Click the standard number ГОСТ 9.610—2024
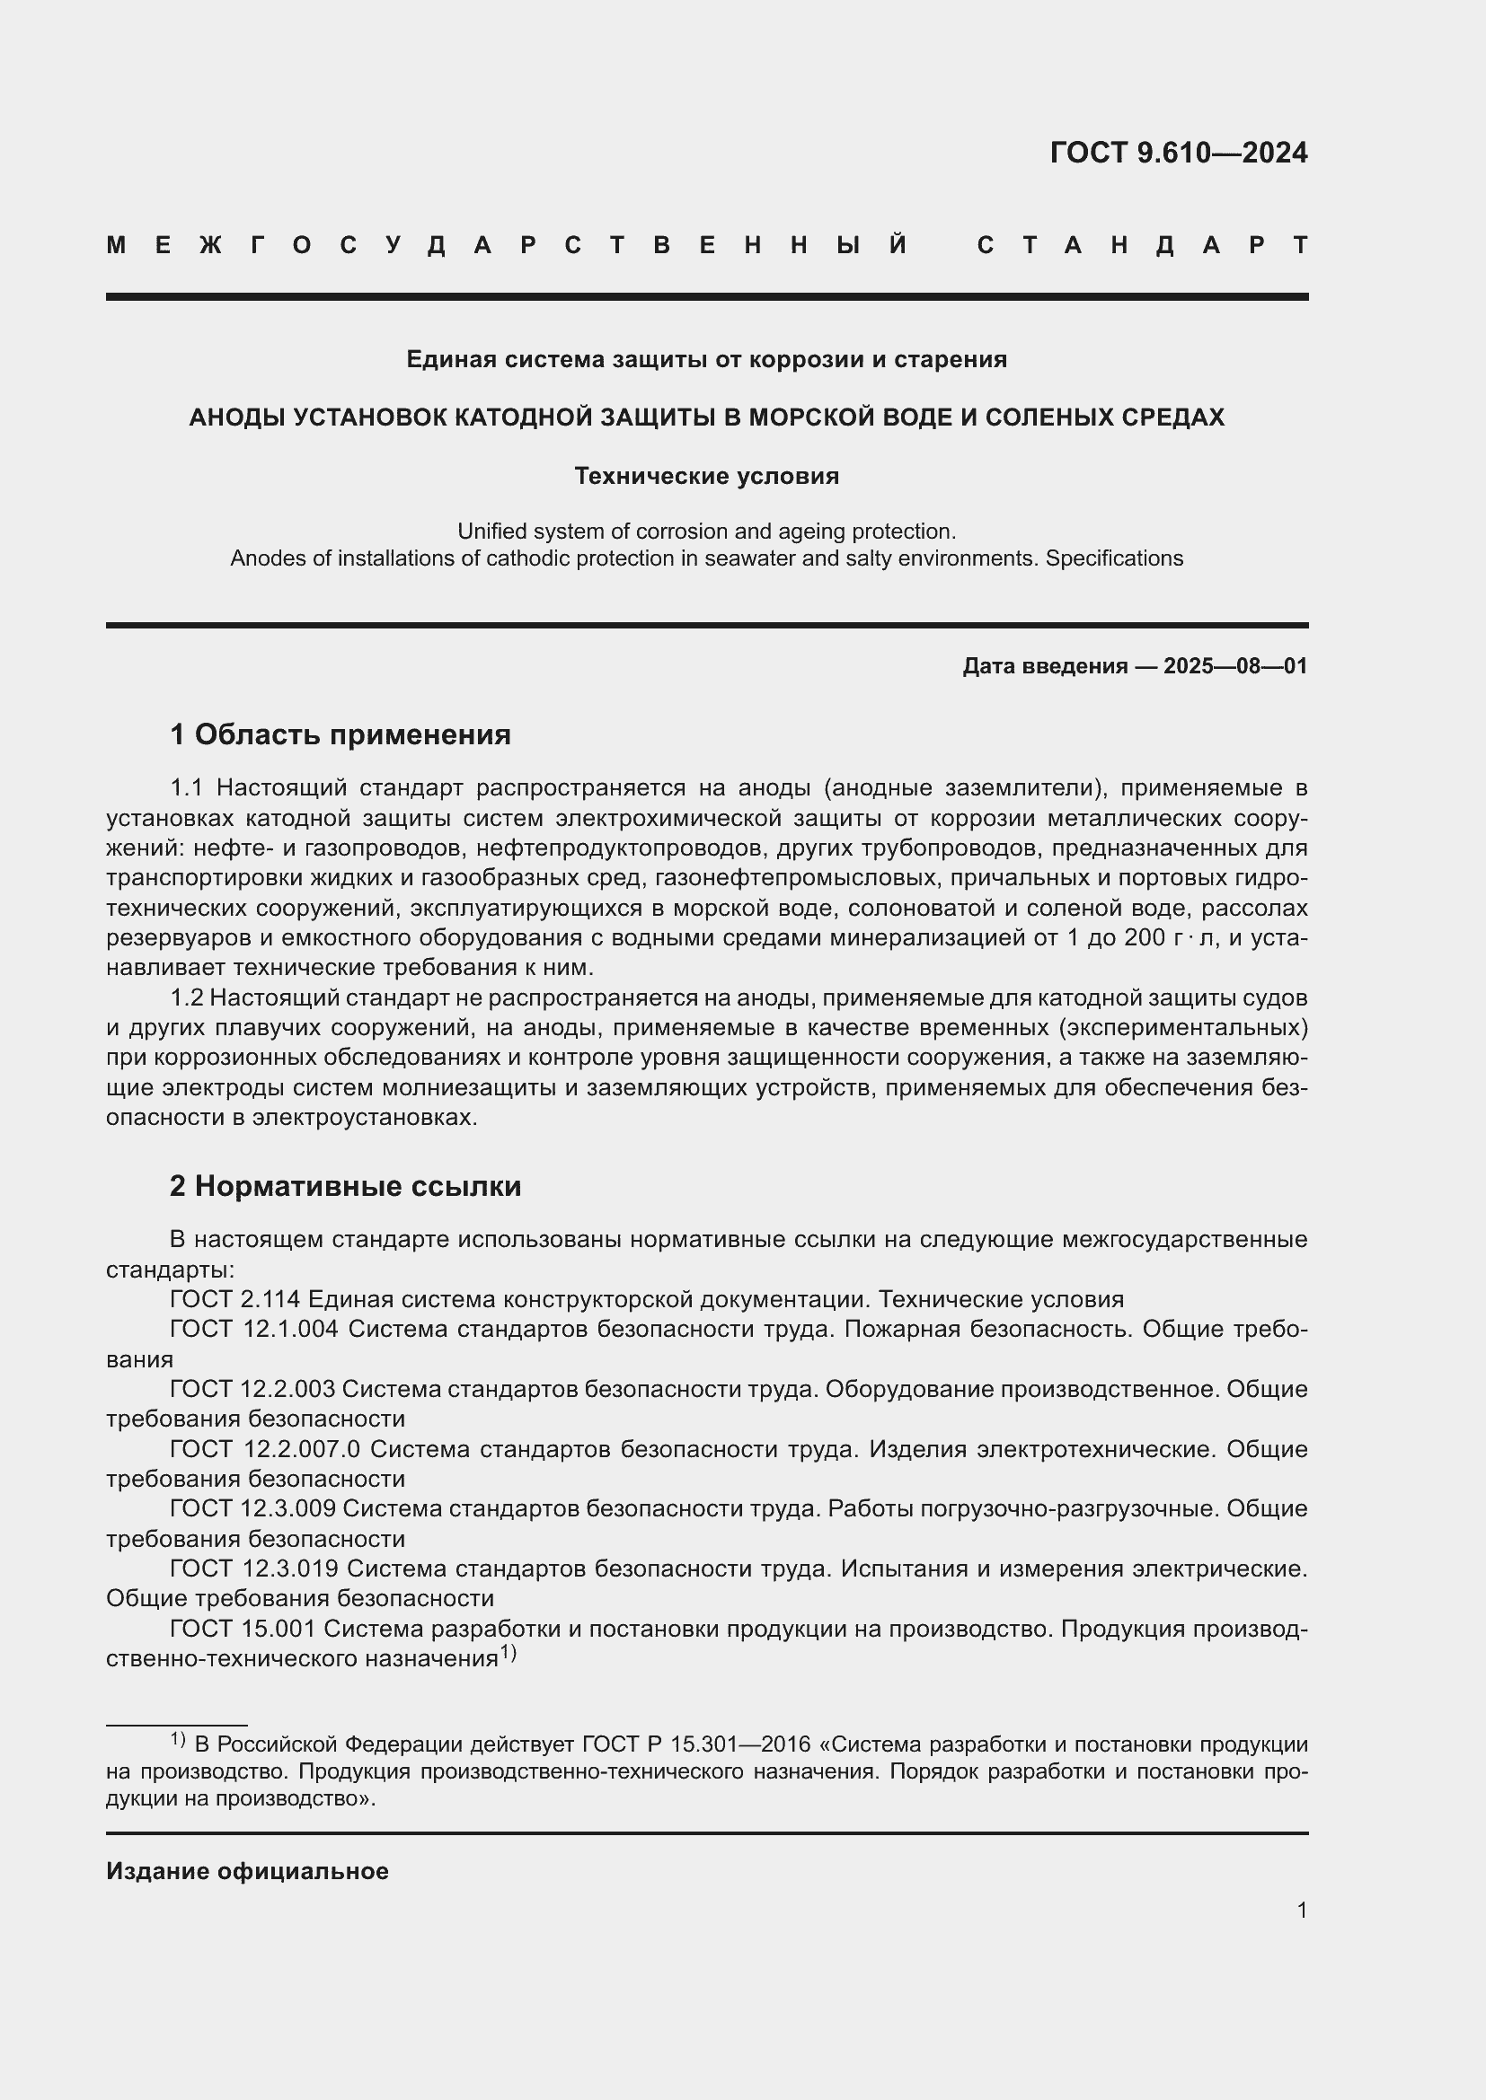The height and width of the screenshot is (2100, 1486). coord(1179,153)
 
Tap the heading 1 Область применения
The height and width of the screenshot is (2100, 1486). coord(341,734)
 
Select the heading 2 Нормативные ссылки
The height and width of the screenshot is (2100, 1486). coord(345,1186)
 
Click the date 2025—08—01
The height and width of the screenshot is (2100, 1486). coord(1235,666)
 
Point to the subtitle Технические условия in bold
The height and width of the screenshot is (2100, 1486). coord(706,476)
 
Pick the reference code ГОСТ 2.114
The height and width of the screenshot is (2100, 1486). coord(235,1300)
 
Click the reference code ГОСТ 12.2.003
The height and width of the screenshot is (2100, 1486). coord(252,1389)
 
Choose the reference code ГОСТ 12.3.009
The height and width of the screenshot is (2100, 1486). coord(252,1509)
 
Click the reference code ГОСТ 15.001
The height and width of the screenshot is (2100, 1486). coord(243,1629)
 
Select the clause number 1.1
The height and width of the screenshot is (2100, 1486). coord(190,787)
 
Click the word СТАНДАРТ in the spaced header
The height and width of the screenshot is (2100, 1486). coord(1143,245)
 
